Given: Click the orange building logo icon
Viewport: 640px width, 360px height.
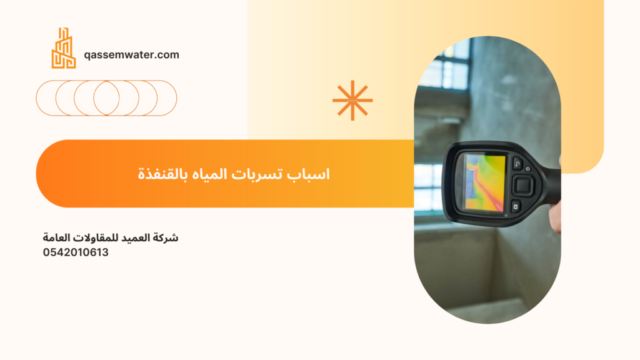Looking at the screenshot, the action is coord(64,48).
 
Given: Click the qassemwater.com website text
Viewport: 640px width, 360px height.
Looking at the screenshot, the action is coord(131,55).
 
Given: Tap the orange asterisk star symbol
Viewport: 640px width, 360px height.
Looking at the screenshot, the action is coord(352,101).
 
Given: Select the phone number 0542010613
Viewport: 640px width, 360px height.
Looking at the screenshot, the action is coord(76,252).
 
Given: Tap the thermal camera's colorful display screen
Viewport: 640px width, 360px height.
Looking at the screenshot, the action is coord(484,183).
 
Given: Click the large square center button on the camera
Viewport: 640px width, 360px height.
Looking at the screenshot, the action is coord(523,185).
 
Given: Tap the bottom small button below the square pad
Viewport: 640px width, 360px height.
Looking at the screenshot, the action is coord(516,206).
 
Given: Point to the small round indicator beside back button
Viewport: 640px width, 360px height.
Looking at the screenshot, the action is coord(527,169).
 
